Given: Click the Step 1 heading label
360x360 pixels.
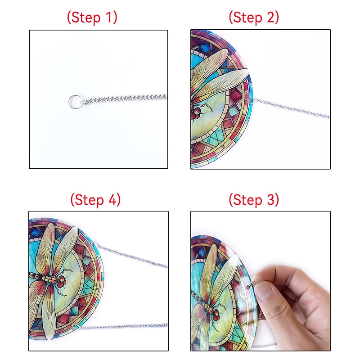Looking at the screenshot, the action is tap(92, 18).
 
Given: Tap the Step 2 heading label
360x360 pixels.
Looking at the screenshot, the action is tap(254, 18).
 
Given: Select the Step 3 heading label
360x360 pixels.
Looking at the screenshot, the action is tap(254, 199).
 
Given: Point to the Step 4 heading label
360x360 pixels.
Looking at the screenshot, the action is tap(95, 200).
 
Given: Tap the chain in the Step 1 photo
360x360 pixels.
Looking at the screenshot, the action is tap(124, 99).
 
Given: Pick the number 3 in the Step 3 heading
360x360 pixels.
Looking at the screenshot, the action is tap(270, 199).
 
